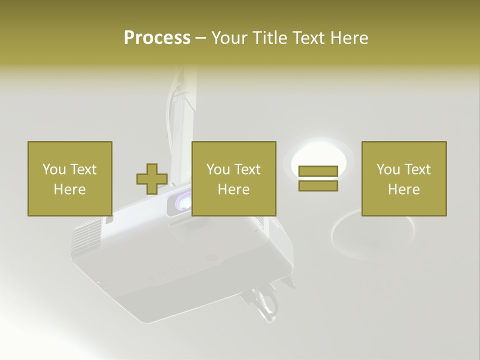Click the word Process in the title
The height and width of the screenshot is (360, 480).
[x=157, y=38]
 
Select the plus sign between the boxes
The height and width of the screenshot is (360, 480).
[x=152, y=179]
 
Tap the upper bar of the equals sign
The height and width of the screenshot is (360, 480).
[x=318, y=171]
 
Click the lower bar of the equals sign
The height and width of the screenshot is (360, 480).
[x=318, y=186]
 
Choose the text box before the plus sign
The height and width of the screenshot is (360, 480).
[x=69, y=178]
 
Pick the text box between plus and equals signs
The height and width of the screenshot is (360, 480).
[x=233, y=178]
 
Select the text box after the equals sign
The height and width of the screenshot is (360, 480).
[x=403, y=178]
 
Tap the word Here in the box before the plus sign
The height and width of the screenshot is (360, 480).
[x=69, y=189]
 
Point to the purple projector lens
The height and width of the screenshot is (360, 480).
[x=182, y=201]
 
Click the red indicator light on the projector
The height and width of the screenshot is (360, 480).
[x=212, y=258]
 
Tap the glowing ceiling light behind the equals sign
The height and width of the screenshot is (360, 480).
[x=318, y=155]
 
